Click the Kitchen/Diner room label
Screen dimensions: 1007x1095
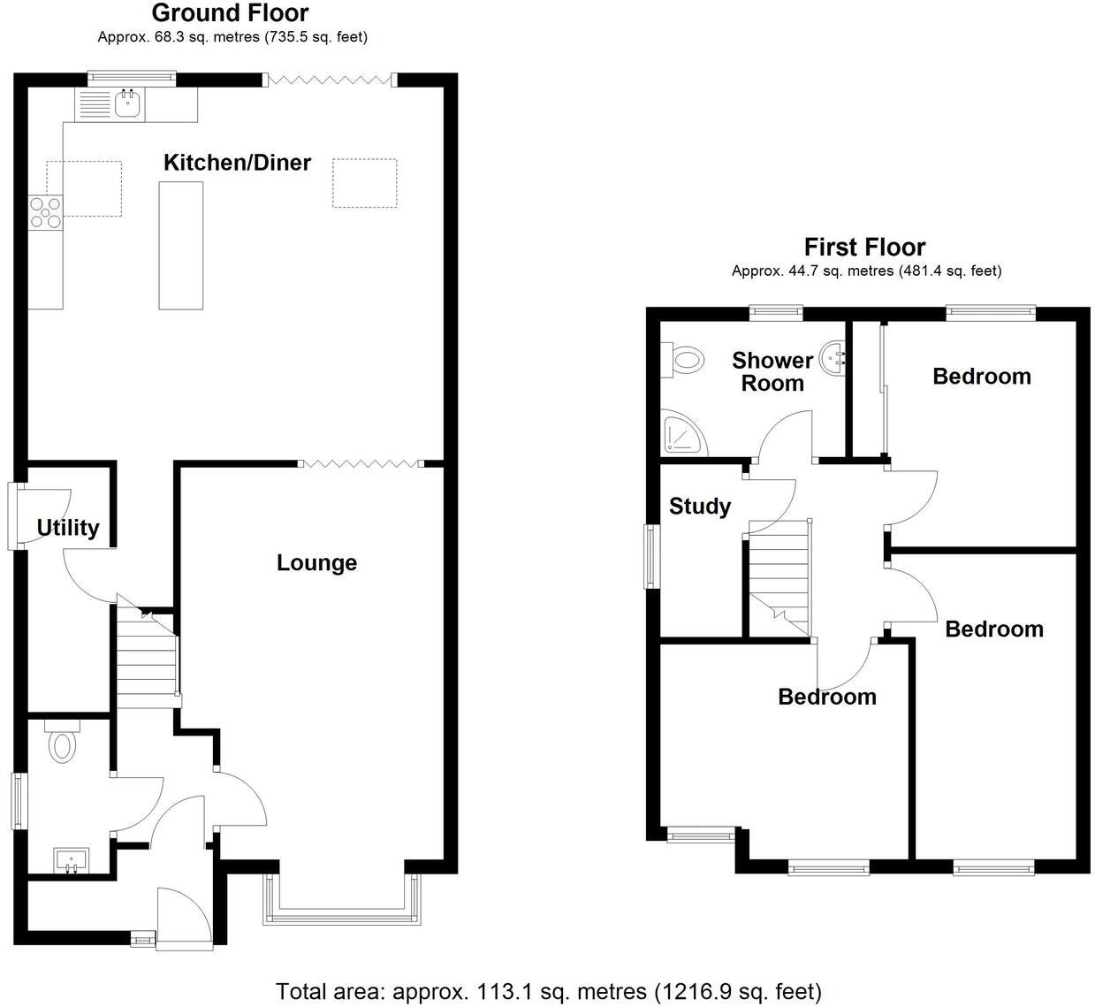click(237, 163)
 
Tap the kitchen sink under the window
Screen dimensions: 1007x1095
click(128, 105)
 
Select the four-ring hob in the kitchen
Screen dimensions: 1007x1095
click(46, 212)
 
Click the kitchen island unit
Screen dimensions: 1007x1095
click(180, 245)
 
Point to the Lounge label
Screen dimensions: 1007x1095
click(316, 563)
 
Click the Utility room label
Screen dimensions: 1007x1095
click(67, 528)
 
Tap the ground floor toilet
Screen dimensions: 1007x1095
click(61, 744)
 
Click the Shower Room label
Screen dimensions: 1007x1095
click(772, 371)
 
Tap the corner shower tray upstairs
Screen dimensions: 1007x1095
click(684, 434)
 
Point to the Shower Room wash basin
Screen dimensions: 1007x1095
click(834, 359)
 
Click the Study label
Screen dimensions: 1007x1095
click(699, 507)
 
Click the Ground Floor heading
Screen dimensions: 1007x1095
click(230, 13)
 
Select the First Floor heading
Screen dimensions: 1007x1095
click(864, 247)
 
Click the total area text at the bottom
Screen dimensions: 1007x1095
click(548, 991)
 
